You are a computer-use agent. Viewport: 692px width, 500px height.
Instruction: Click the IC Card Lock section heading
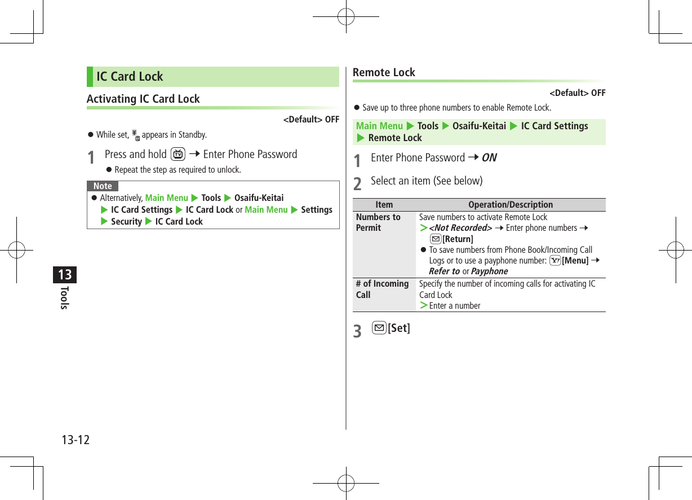pyautogui.click(x=130, y=77)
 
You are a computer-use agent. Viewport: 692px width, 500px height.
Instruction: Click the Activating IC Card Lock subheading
pyautogui.click(x=143, y=99)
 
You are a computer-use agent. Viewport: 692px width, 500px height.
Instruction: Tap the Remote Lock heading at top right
pyautogui.click(x=384, y=72)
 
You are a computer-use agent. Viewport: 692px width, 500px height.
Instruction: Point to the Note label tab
pyautogui.click(x=103, y=186)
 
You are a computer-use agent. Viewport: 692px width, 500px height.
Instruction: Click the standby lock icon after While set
pyautogui.click(x=135, y=134)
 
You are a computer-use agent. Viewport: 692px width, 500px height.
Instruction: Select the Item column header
pyautogui.click(x=384, y=205)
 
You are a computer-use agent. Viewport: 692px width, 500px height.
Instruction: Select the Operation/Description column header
pyautogui.click(x=511, y=205)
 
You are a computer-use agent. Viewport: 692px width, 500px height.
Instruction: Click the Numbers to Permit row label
pyautogui.click(x=378, y=222)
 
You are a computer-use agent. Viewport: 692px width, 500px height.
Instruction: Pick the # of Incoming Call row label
pyautogui.click(x=382, y=289)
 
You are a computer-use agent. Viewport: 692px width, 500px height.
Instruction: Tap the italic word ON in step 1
pyautogui.click(x=489, y=158)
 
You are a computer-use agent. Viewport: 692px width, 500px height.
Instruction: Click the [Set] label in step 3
pyautogui.click(x=399, y=328)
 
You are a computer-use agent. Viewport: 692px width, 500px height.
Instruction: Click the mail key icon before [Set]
pyautogui.click(x=379, y=328)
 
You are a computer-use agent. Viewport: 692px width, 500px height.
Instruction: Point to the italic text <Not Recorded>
pyautogui.click(x=460, y=228)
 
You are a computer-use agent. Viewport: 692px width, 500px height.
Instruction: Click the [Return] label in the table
pyautogui.click(x=458, y=239)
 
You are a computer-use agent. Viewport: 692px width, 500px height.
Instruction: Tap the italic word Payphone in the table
pyautogui.click(x=489, y=271)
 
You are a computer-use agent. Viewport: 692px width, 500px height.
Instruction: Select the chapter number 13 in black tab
pyautogui.click(x=65, y=275)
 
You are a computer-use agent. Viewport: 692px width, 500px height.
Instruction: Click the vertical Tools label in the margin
pyautogui.click(x=65, y=297)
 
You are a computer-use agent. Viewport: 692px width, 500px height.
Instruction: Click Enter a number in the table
pyautogui.click(x=455, y=306)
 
